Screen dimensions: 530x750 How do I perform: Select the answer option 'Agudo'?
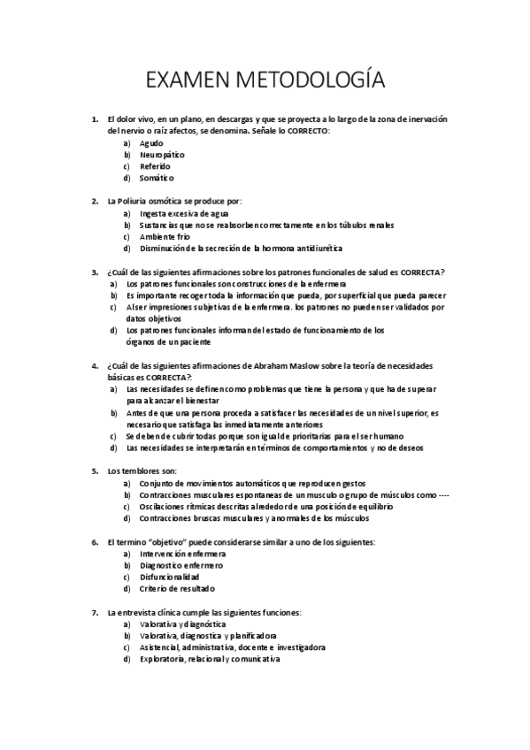coord(151,142)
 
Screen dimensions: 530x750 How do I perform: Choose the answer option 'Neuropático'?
coord(162,154)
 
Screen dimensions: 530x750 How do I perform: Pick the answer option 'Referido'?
coord(155,165)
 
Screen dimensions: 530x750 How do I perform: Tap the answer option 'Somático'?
coord(156,177)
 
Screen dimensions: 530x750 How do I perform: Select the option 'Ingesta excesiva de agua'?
coord(184,213)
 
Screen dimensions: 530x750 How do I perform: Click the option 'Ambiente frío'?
coord(165,236)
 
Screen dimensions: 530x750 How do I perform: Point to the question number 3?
coord(95,272)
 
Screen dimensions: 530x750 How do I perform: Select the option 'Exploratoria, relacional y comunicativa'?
coord(210,659)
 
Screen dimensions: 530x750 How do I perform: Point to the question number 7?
coord(95,612)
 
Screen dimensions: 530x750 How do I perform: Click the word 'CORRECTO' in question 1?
coord(304,131)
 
